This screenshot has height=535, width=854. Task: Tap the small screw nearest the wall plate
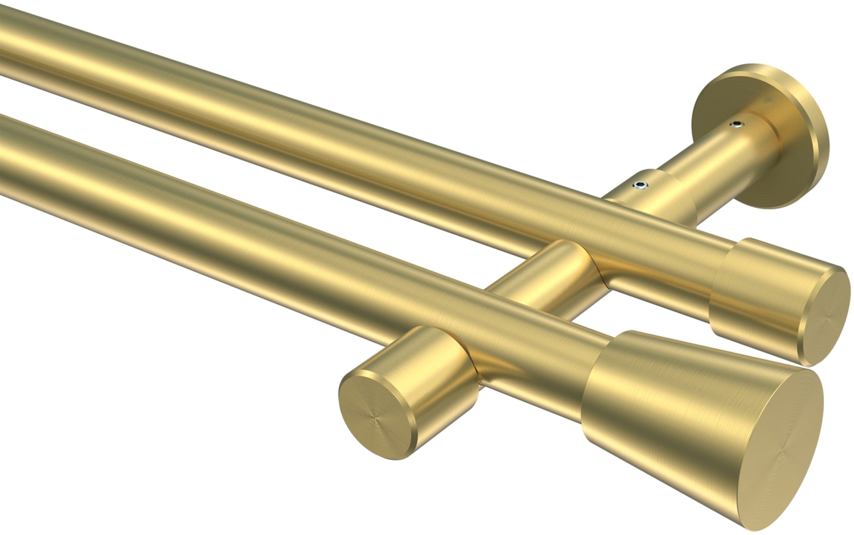739,123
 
